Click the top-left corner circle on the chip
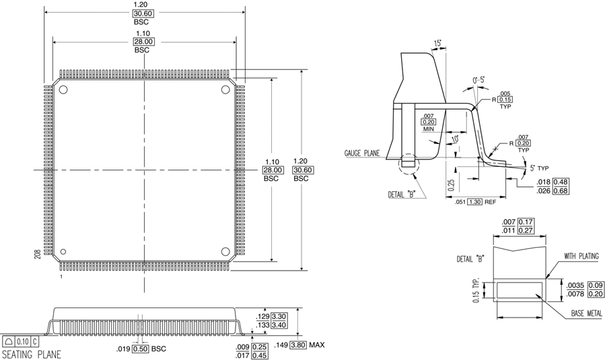click(x=63, y=90)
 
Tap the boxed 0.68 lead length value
click(x=562, y=190)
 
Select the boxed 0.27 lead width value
click(x=526, y=230)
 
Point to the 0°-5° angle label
click(x=478, y=80)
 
